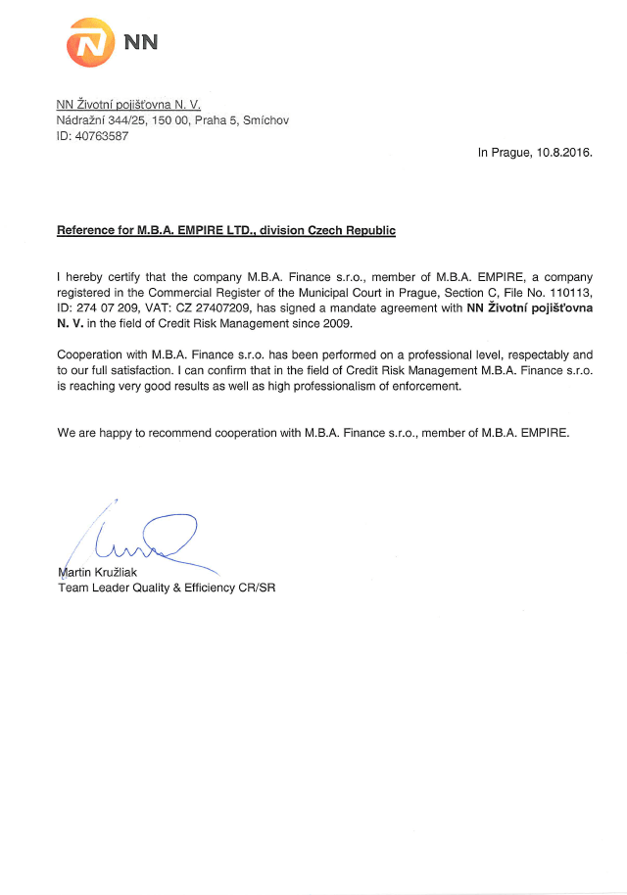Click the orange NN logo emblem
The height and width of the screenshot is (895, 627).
click(x=90, y=43)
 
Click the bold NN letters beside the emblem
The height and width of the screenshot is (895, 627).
click(x=141, y=42)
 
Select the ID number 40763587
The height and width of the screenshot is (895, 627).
click(x=101, y=136)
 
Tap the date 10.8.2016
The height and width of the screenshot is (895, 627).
click(x=563, y=153)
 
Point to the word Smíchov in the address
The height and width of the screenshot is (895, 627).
click(x=264, y=119)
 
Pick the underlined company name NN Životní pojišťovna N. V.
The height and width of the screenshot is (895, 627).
click(x=128, y=103)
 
